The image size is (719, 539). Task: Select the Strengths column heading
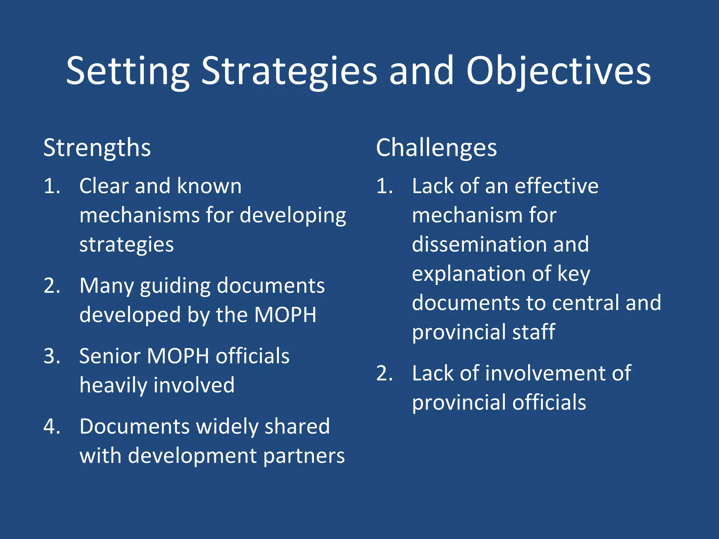click(x=97, y=148)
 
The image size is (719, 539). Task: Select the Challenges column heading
click(x=436, y=148)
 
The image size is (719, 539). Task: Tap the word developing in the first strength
click(x=293, y=215)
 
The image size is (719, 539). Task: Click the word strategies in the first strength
click(x=126, y=245)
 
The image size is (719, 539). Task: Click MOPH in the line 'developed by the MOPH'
click(x=285, y=315)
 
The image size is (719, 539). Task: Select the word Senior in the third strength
click(x=110, y=356)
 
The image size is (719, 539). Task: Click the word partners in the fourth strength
click(x=304, y=456)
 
